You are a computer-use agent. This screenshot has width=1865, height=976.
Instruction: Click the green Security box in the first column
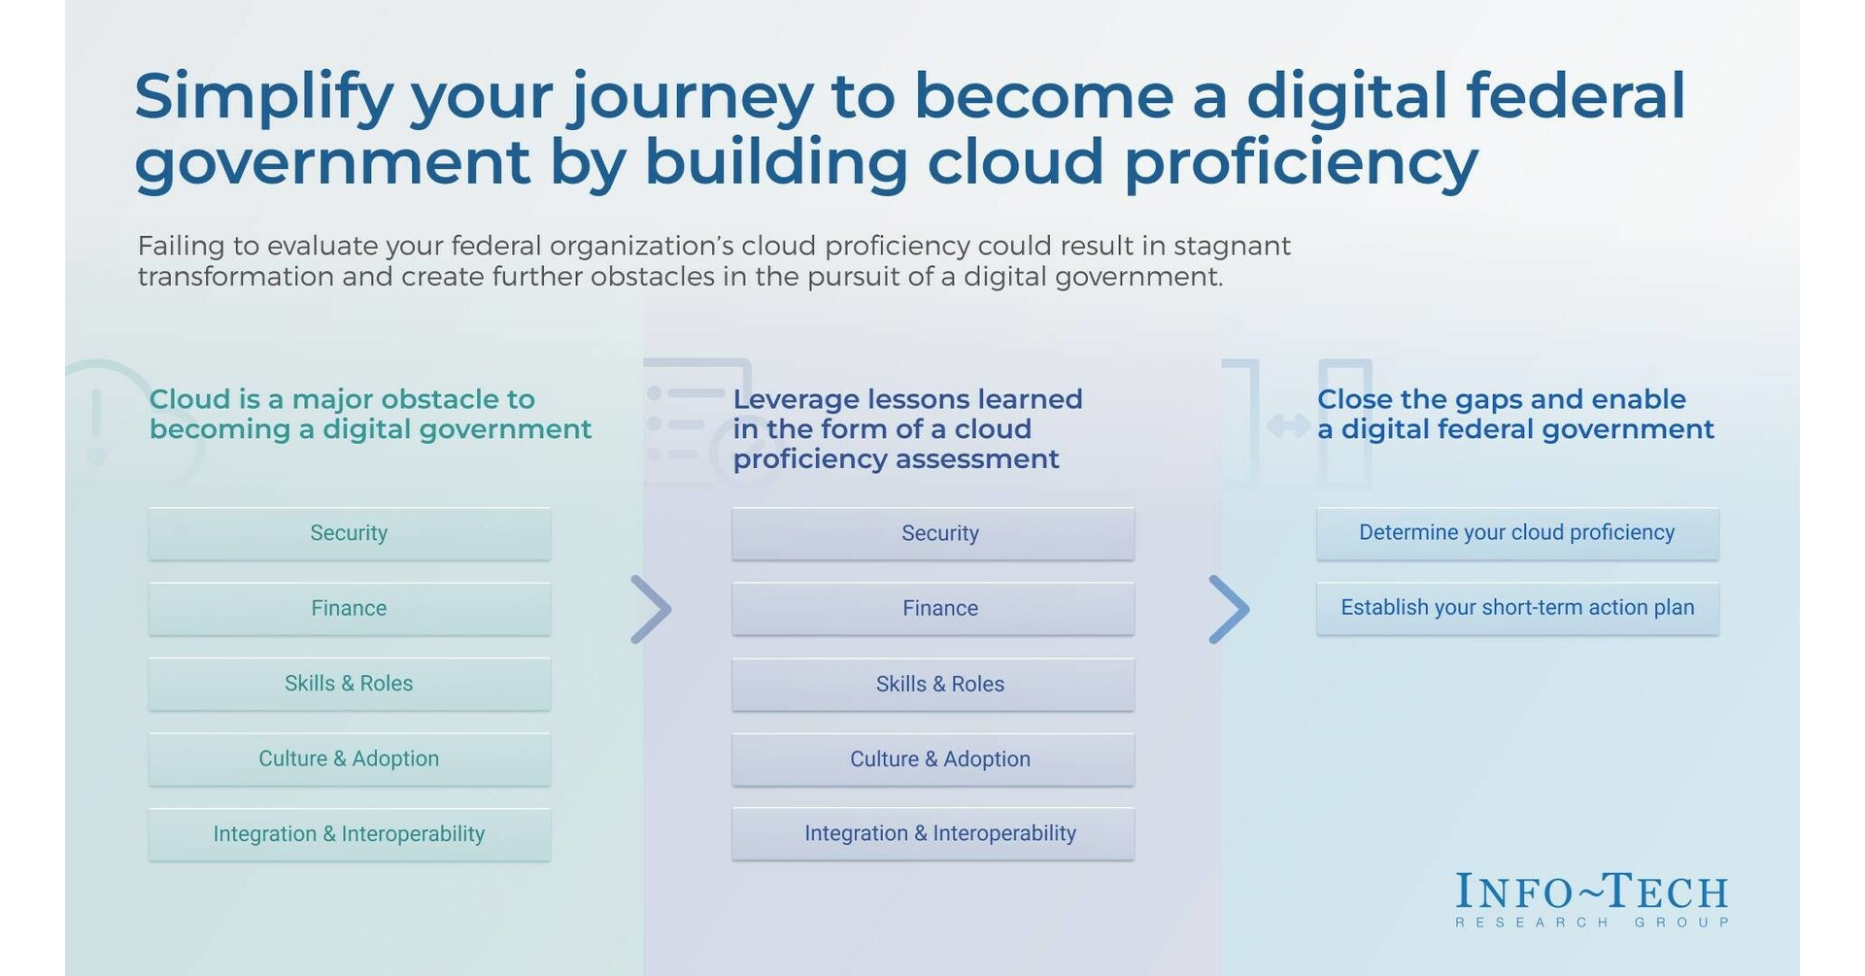click(x=349, y=533)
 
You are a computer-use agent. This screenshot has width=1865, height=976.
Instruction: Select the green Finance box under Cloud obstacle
click(x=349, y=609)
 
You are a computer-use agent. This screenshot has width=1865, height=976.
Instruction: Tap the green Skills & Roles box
click(x=349, y=684)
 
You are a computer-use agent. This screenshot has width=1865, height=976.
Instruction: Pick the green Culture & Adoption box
click(x=349, y=758)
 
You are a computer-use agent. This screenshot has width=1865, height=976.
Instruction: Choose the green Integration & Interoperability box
click(x=349, y=834)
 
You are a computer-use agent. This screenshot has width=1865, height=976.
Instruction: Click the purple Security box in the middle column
click(x=932, y=533)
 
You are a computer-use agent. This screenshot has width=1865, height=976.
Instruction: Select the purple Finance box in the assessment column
click(x=932, y=609)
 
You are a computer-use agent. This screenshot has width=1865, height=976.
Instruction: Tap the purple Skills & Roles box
click(x=932, y=684)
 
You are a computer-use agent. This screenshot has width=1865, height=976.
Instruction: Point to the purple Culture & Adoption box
click(x=932, y=758)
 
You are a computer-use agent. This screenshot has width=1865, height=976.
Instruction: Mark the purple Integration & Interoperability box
click(x=932, y=833)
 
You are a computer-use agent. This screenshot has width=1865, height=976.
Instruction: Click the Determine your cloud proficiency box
click(x=1517, y=533)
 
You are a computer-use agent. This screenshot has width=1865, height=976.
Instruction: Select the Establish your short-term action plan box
click(x=1517, y=608)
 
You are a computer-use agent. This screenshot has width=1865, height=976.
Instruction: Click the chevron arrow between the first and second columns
click(x=651, y=610)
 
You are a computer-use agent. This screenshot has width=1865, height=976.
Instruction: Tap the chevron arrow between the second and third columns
click(x=1229, y=610)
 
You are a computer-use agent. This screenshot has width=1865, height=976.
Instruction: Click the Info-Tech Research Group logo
click(x=1592, y=899)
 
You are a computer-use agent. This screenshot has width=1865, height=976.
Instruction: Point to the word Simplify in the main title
click(x=263, y=98)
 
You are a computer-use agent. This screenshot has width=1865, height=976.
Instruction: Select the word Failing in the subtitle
click(x=181, y=246)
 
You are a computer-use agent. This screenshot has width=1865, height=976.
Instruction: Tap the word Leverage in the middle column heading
click(x=796, y=399)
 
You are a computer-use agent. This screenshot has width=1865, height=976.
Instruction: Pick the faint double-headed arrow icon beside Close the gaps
click(x=1288, y=425)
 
